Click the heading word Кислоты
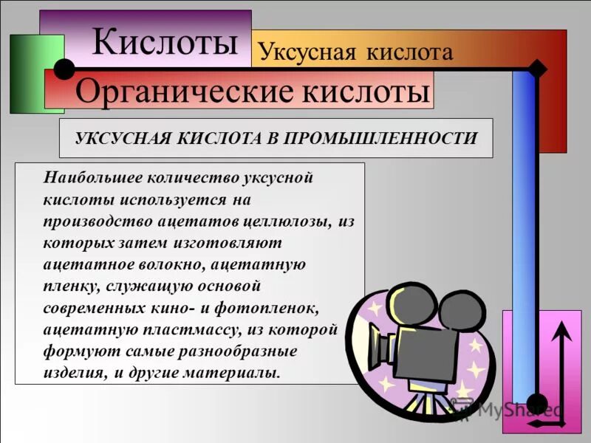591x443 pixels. (165, 42)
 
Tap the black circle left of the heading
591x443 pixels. (64, 69)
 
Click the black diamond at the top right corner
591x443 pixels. (538, 69)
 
